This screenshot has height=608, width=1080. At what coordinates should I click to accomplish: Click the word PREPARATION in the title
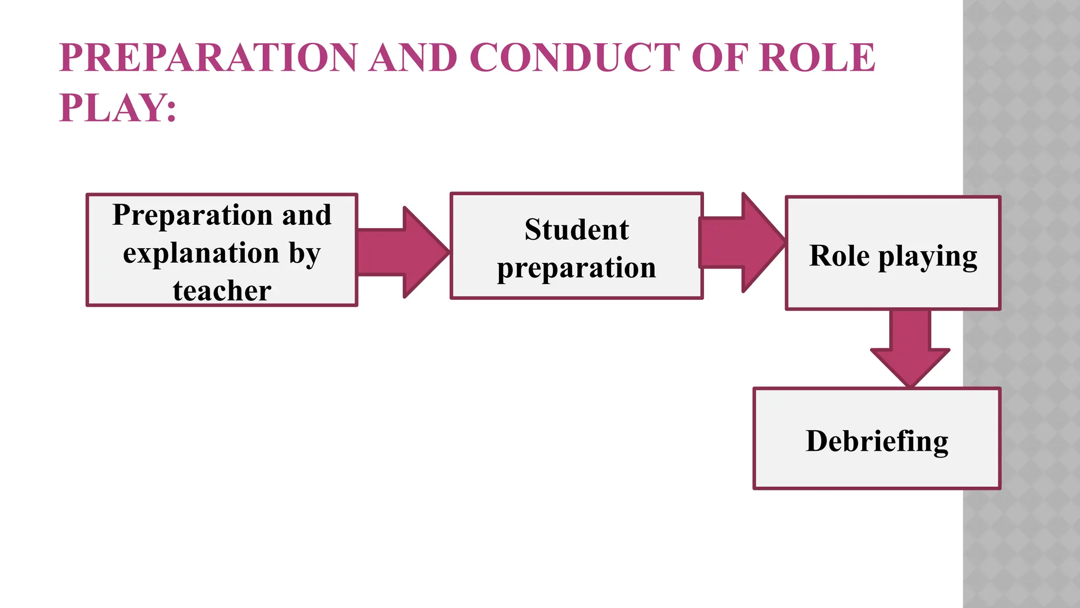(208, 58)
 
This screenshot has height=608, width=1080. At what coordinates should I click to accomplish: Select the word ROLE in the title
(817, 58)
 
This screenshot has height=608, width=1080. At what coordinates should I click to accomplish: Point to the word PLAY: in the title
(118, 108)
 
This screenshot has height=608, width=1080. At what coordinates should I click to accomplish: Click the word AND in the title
(413, 58)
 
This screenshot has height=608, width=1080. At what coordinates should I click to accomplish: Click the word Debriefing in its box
(877, 441)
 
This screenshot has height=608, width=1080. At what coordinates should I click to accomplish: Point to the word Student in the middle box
(576, 230)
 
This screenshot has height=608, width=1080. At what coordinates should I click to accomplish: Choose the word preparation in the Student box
(576, 268)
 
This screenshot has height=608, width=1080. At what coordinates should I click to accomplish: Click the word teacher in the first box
(222, 291)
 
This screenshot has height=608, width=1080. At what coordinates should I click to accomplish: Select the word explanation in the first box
(201, 253)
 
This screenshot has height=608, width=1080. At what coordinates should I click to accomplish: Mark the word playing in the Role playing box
(928, 256)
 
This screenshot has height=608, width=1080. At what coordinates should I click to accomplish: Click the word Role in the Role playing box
(839, 256)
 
